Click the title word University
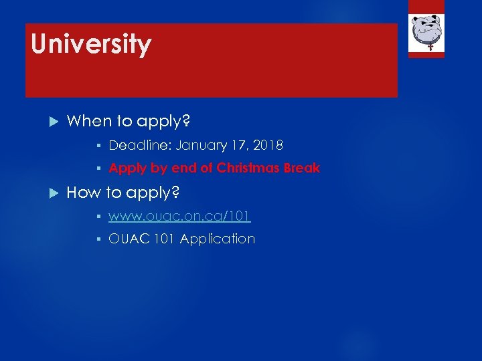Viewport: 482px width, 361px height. pyautogui.click(x=91, y=44)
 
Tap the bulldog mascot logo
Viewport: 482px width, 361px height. pyautogui.click(x=426, y=29)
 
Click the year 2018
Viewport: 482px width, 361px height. pyautogui.click(x=269, y=145)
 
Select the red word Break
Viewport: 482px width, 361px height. pyautogui.click(x=302, y=168)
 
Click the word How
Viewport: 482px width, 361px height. pyautogui.click(x=82, y=193)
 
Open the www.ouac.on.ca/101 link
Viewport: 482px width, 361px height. pyautogui.click(x=179, y=216)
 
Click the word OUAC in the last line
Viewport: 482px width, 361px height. pyautogui.click(x=126, y=239)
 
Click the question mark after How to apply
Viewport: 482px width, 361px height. pyautogui.click(x=175, y=193)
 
